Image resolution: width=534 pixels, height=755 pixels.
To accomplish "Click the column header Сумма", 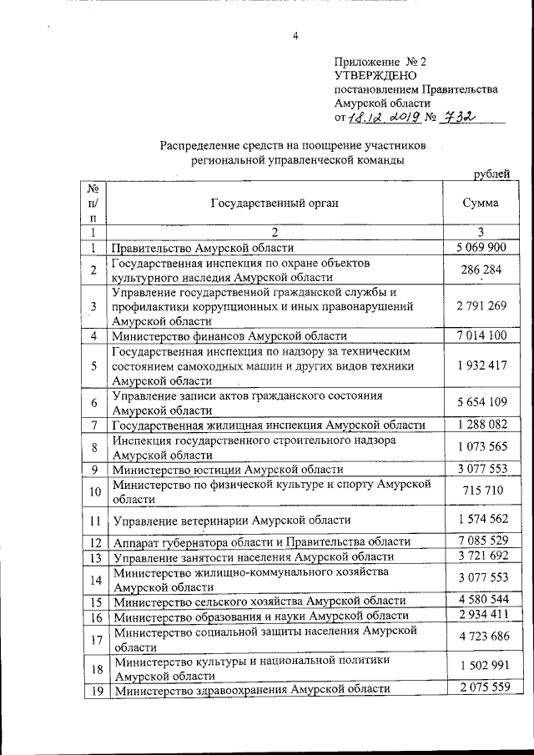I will coord(481,203).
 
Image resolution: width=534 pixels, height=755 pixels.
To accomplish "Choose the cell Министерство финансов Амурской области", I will coord(227,336).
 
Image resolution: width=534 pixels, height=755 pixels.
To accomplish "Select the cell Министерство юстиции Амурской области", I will coord(216,469).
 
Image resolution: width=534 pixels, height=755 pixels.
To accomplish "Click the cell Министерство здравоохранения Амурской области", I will coord(252,690).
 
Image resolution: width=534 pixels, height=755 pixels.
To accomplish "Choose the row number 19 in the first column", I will coord(94,691).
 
